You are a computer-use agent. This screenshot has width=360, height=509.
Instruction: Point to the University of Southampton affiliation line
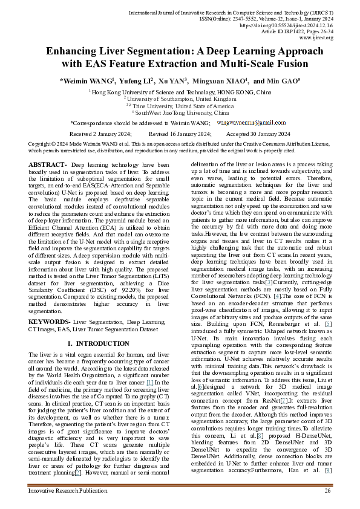point(180,98)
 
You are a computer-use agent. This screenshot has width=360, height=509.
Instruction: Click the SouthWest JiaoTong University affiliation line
point(180,112)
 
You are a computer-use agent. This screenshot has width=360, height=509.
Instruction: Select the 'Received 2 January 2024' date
point(100,134)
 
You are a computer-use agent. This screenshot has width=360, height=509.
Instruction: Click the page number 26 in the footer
point(327,490)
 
